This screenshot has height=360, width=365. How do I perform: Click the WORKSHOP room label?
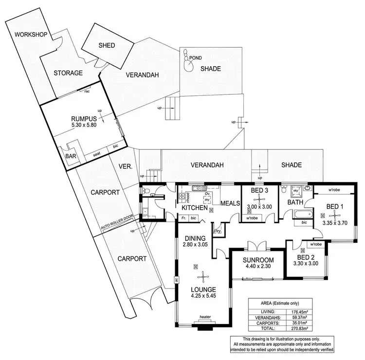30,35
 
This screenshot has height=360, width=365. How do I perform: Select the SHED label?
107,45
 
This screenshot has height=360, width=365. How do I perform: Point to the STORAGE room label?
68,73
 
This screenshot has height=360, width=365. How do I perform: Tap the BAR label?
71,157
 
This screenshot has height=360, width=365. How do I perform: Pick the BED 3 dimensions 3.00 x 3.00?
259,206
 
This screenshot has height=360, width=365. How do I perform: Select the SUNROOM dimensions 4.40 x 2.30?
258,267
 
